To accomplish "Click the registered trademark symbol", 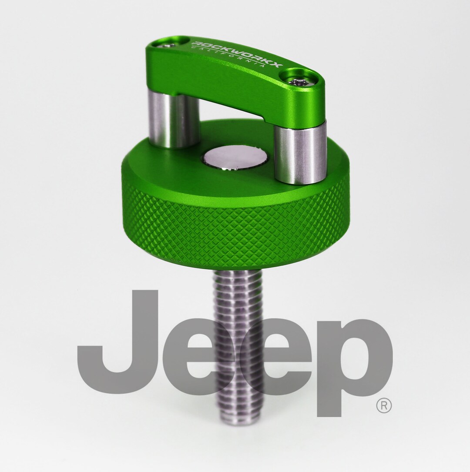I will pyautogui.click(x=383, y=406).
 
